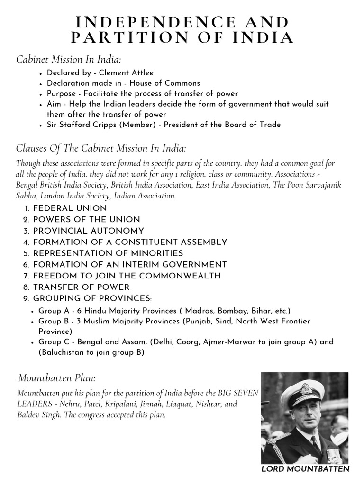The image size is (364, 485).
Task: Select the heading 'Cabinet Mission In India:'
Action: point(68,59)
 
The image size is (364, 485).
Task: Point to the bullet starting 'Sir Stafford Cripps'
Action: point(164,125)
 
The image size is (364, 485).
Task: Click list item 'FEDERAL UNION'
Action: point(70,208)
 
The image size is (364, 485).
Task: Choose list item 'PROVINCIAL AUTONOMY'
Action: point(88,231)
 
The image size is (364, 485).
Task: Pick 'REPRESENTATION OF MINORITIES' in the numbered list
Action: point(108,253)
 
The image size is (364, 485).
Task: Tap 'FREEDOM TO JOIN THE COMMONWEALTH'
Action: point(127,276)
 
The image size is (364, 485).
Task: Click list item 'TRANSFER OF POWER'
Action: point(81,287)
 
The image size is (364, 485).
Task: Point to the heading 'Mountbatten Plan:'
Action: point(57,378)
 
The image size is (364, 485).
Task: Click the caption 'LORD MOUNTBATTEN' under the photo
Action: point(305,469)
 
